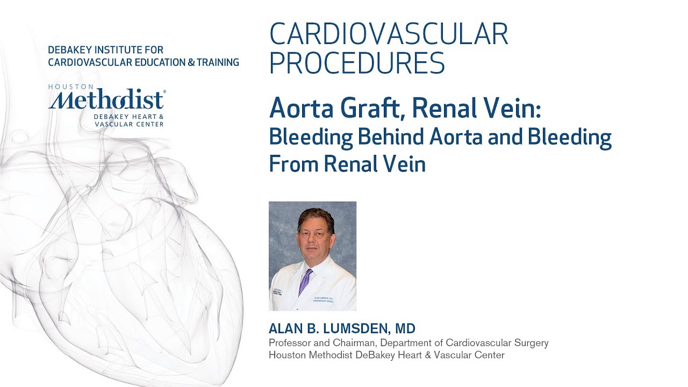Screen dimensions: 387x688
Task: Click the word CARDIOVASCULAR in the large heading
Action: pyautogui.click(x=389, y=34)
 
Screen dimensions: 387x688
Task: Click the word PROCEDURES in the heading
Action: pyautogui.click(x=357, y=63)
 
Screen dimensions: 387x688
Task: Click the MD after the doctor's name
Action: pyautogui.click(x=405, y=328)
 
